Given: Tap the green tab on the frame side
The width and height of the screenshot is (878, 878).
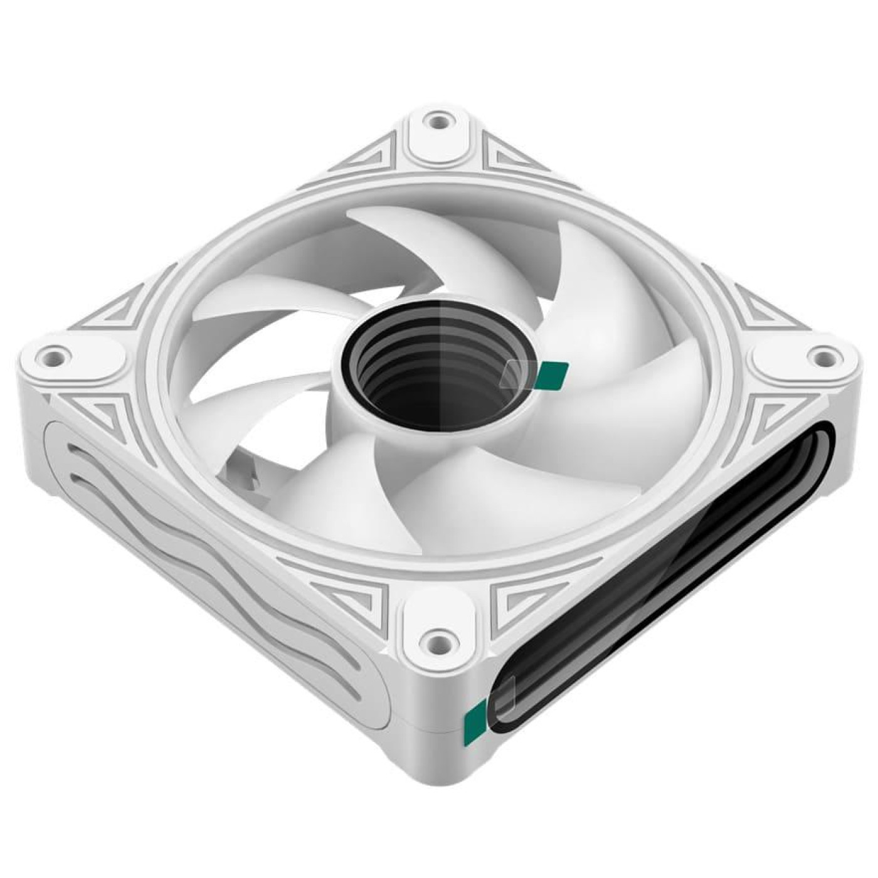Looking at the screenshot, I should [x=475, y=721].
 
